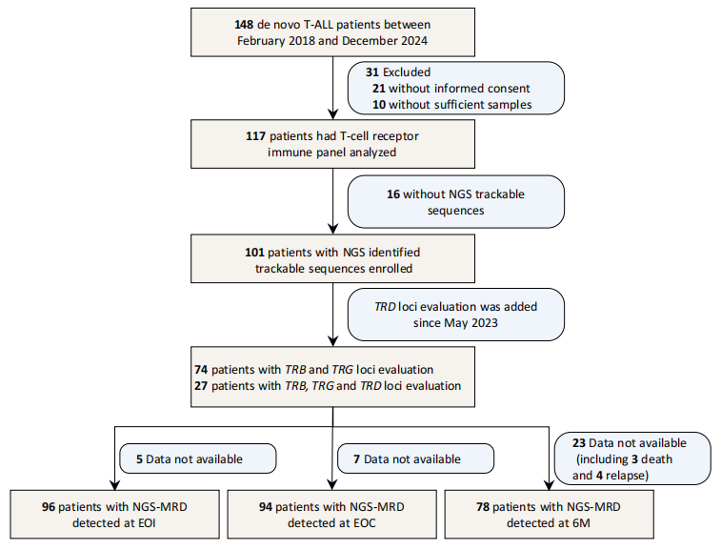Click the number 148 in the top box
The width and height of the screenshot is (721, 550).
(x=244, y=25)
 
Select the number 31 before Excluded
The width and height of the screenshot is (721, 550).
(x=372, y=72)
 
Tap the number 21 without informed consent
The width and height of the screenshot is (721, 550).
(x=379, y=89)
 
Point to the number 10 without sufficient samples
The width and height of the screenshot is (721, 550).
(x=379, y=105)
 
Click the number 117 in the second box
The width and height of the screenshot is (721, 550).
(x=255, y=136)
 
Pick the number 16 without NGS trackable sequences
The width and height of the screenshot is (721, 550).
(x=393, y=194)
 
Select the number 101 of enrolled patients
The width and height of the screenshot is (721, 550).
(x=254, y=253)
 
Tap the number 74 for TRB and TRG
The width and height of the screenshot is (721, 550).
(x=201, y=370)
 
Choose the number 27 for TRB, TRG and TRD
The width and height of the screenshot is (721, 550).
(x=201, y=386)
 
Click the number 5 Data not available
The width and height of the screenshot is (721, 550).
(x=139, y=459)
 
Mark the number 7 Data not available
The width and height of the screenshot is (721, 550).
(x=356, y=459)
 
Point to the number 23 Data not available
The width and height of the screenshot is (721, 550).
(x=579, y=443)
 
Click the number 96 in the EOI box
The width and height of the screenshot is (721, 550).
(x=49, y=507)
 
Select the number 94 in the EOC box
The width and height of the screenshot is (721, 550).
(x=266, y=507)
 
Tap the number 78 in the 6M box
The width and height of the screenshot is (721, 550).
(x=483, y=507)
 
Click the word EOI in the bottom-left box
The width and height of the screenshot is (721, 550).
(x=147, y=523)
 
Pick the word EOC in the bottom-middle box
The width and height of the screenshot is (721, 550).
(x=364, y=523)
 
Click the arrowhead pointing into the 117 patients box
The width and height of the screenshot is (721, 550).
(x=333, y=114)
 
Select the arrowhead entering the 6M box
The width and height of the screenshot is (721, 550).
(x=549, y=485)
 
